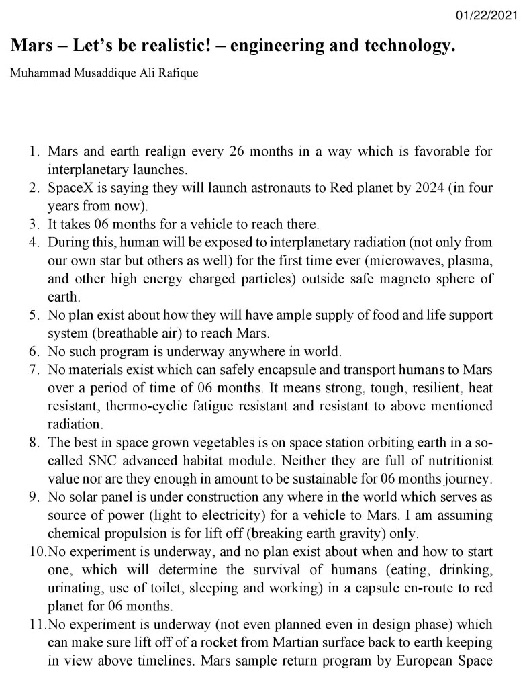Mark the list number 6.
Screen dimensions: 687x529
point(33,351)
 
